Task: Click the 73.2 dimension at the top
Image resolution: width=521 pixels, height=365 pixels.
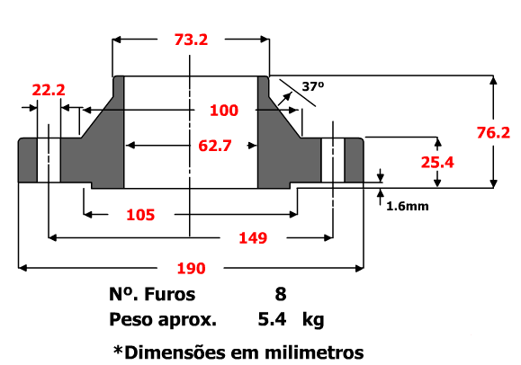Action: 191,39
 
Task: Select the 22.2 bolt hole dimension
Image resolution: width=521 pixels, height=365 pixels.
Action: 49,90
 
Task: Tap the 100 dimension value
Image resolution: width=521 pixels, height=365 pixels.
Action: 223,111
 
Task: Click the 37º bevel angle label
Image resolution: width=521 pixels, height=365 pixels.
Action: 312,87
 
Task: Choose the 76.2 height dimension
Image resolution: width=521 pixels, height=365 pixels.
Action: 493,132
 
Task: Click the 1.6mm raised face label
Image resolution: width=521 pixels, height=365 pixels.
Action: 407,206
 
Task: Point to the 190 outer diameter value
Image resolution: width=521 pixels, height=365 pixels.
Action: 191,268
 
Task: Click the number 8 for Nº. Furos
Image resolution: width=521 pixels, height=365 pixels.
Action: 281,294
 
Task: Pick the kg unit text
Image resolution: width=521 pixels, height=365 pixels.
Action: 313,320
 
